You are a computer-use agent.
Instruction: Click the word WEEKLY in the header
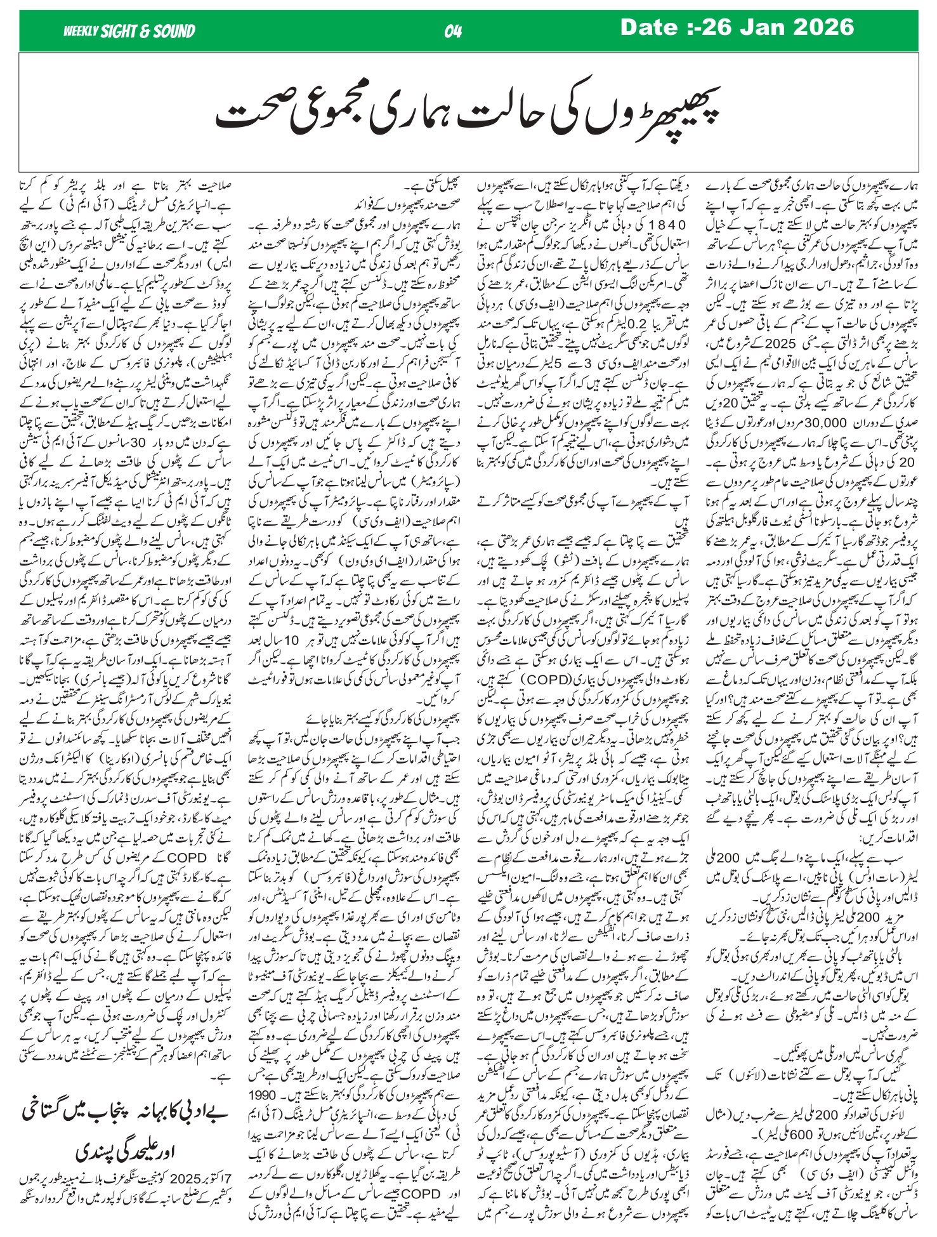(x=81, y=31)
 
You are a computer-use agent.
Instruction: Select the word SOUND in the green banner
(x=174, y=31)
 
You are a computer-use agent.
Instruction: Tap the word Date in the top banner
(x=650, y=27)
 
